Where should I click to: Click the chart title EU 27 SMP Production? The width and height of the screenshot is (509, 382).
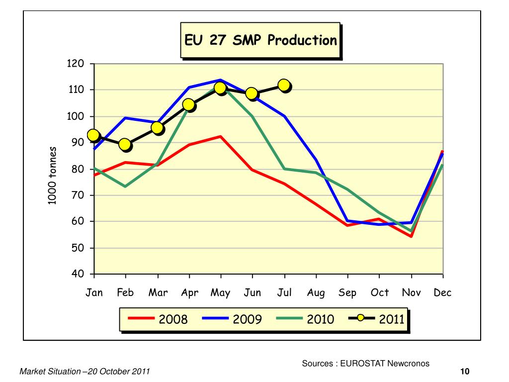[x=260, y=40]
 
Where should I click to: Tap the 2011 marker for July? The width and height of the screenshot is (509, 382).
[x=284, y=85]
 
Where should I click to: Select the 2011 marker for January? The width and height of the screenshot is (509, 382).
[x=93, y=135]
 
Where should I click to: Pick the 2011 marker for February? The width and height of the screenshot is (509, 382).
[x=125, y=144]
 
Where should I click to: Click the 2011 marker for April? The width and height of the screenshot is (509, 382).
[x=188, y=104]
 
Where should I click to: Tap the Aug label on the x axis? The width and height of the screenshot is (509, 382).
[x=316, y=293]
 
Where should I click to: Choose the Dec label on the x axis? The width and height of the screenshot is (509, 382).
[x=442, y=292]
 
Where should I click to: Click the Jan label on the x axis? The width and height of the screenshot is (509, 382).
[x=94, y=292]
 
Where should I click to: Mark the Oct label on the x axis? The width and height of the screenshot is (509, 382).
[x=379, y=292]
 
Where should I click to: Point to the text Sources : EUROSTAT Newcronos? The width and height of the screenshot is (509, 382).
[x=365, y=364]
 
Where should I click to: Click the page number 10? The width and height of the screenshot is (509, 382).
[x=465, y=372]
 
